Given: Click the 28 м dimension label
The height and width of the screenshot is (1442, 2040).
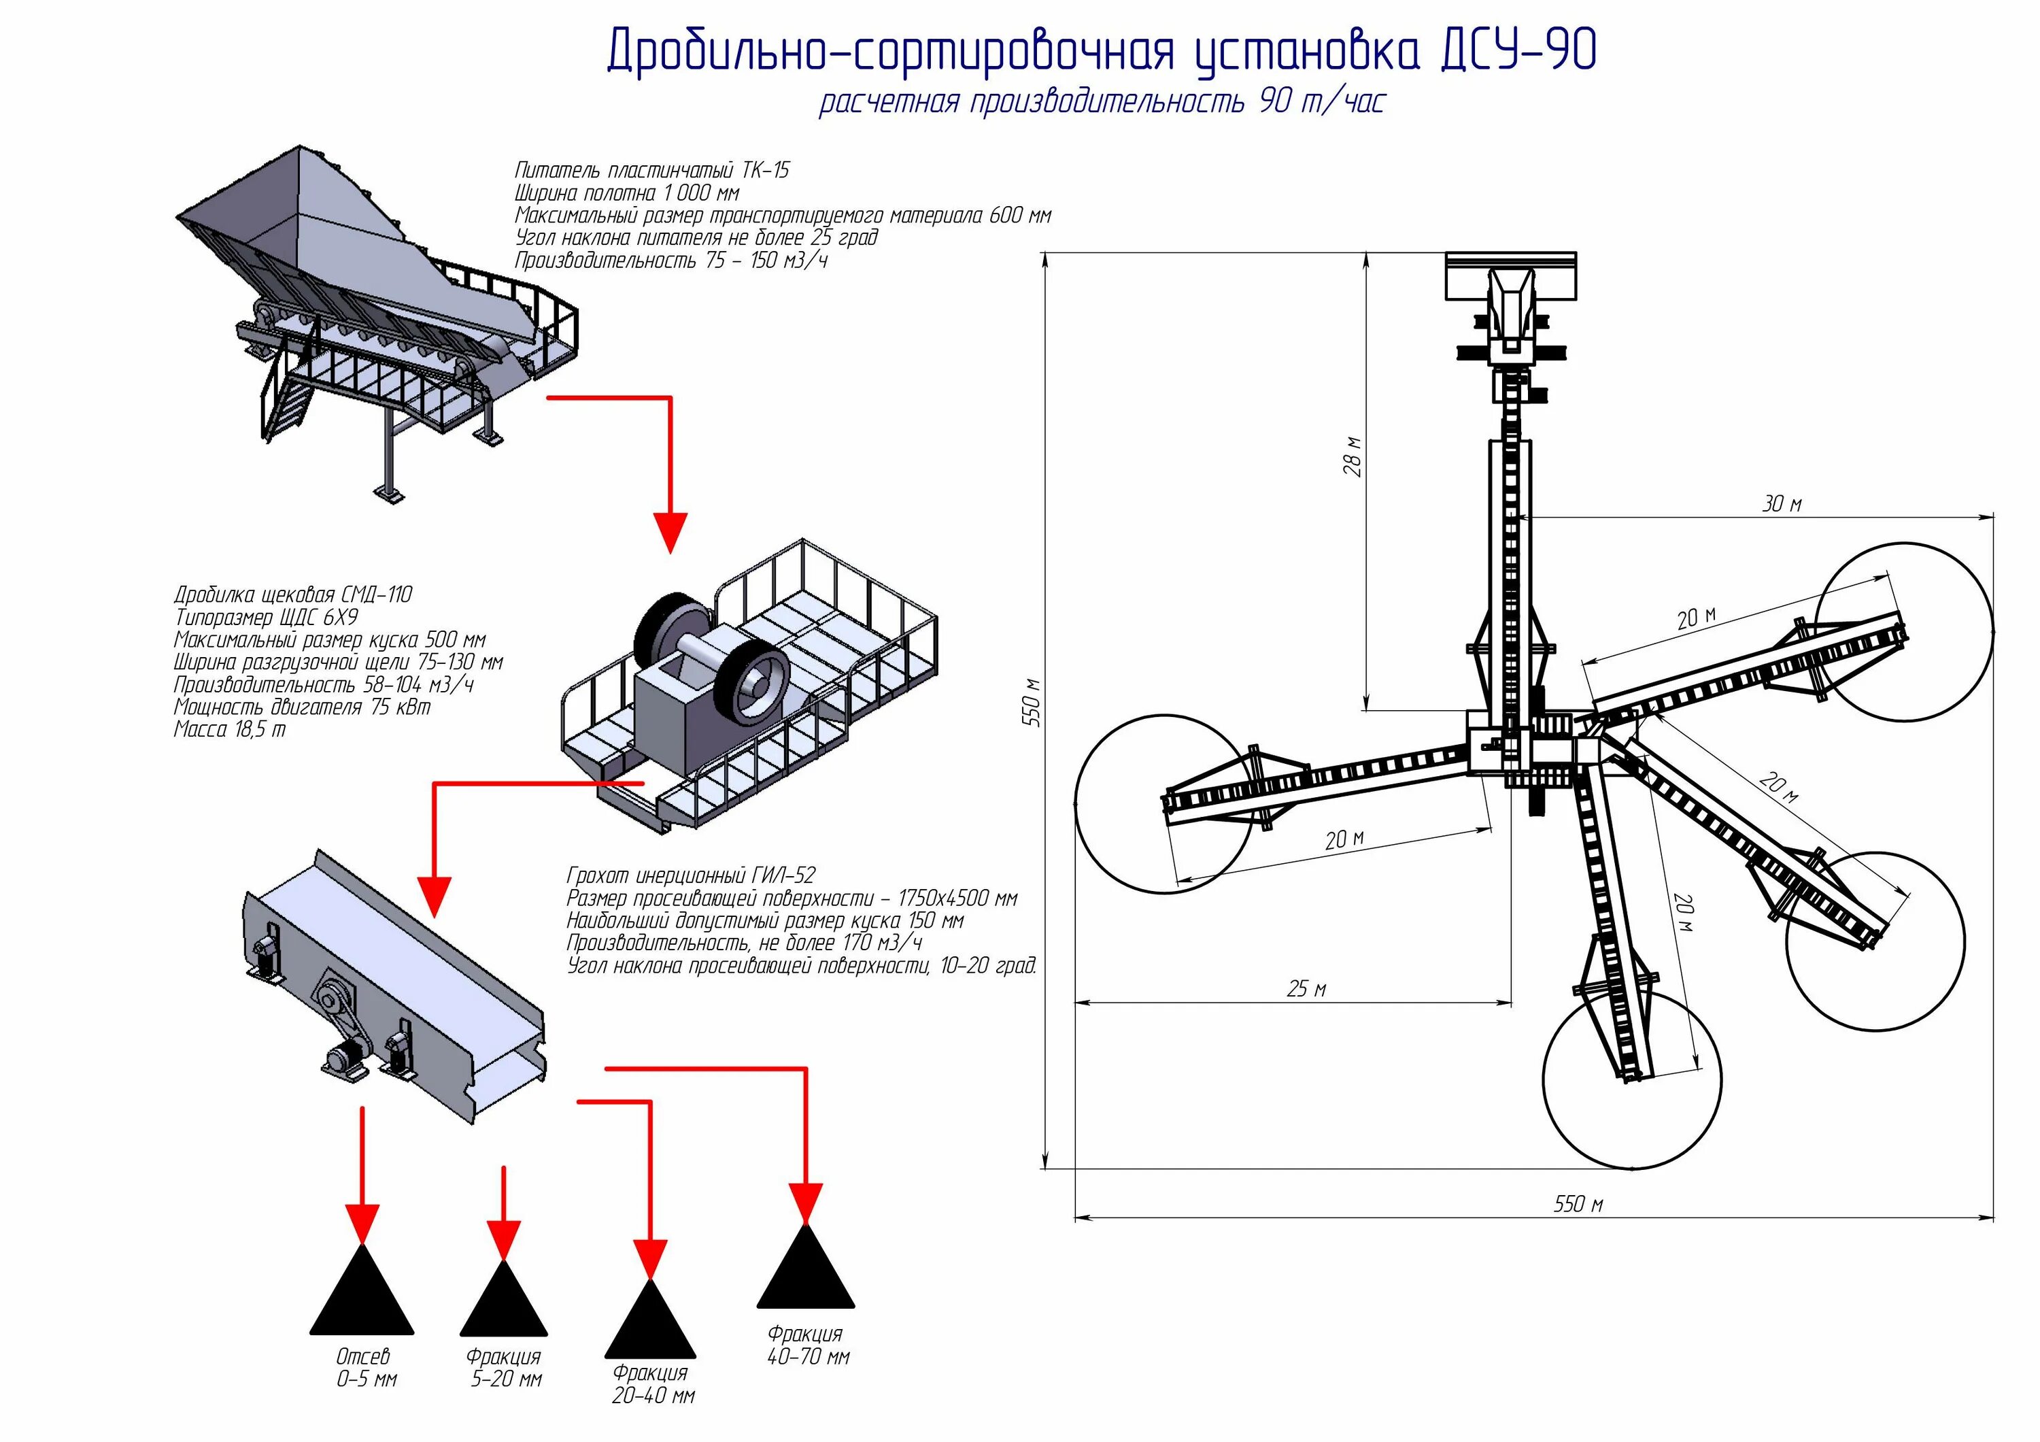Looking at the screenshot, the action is click(x=1353, y=456).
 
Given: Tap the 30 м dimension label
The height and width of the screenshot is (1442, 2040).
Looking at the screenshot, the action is click(x=1782, y=505).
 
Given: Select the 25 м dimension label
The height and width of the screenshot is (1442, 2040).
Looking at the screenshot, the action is click(x=1306, y=989).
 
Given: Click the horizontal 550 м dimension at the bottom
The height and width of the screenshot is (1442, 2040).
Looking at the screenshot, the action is click(x=1578, y=1204).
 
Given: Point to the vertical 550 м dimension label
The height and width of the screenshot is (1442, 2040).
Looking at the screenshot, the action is click(x=1032, y=703).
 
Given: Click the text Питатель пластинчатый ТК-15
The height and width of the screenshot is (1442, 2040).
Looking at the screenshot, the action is click(x=651, y=169).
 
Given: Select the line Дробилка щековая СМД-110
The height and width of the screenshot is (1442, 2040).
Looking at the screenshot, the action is click(x=293, y=594).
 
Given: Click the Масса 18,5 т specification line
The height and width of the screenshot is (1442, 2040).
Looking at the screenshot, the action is click(x=230, y=729).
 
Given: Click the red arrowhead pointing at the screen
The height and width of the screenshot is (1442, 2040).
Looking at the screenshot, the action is click(x=435, y=896).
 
